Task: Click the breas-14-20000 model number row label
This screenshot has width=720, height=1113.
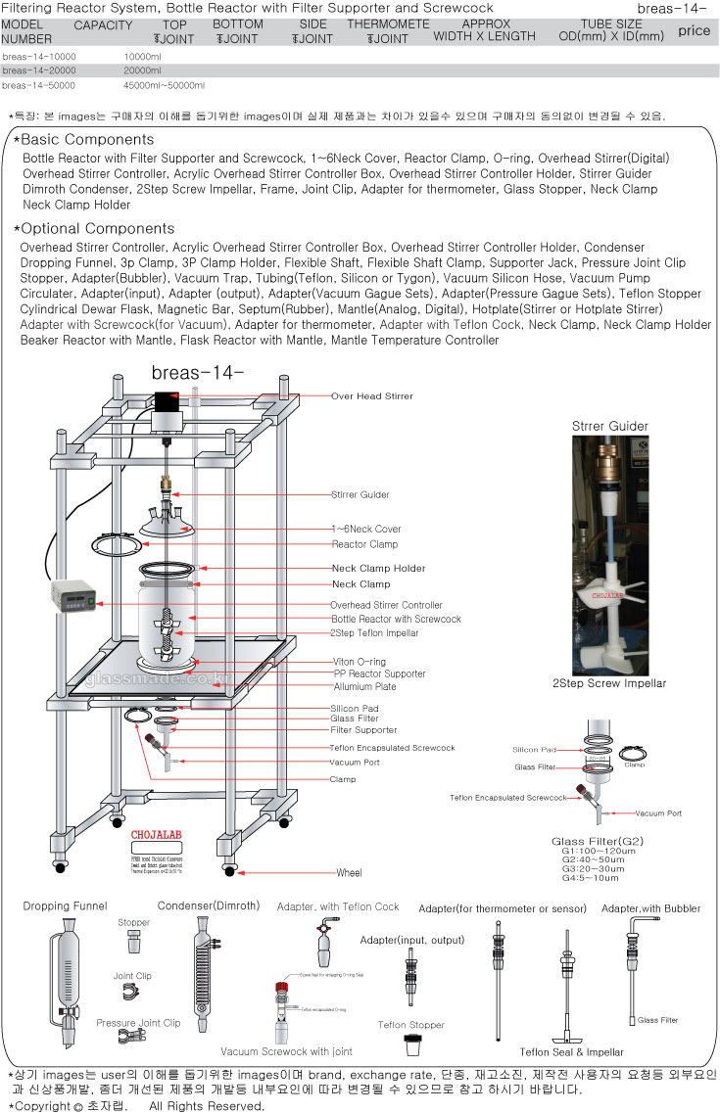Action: (39, 70)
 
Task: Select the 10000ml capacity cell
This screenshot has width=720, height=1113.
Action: (144, 57)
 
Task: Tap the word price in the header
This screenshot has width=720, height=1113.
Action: (694, 31)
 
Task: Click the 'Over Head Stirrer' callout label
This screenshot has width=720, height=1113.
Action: (372, 396)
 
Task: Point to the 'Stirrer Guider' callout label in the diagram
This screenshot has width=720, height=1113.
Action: (360, 494)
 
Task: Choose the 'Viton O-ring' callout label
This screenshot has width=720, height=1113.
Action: (359, 662)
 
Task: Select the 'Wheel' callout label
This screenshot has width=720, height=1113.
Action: (350, 872)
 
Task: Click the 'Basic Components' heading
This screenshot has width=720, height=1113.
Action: (87, 140)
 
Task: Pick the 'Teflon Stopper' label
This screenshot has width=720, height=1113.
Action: (411, 1026)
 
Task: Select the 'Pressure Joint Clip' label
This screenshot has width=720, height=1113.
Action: (138, 1023)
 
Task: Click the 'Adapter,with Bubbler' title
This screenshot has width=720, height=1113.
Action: (651, 908)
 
